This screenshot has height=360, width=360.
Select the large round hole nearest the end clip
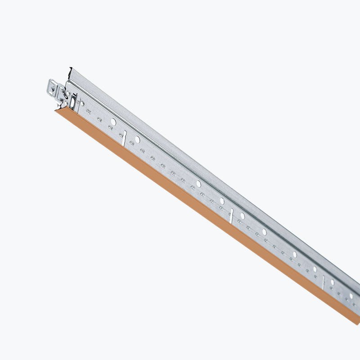tap(113, 122)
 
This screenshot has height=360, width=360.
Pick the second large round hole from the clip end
tap(137, 139)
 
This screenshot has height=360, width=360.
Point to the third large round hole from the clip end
tap(198, 184)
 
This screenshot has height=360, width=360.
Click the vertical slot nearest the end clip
tap(124, 138)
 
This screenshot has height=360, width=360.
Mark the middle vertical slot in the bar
tap(231, 216)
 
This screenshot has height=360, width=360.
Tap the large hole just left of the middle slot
tap(221, 201)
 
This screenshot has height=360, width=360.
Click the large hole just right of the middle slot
tap(243, 216)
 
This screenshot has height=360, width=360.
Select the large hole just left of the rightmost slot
tap(315, 269)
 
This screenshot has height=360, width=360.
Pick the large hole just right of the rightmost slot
tap(333, 282)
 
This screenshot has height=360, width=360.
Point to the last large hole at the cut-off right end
tap(351, 296)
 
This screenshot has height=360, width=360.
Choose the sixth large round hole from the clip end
tap(264, 232)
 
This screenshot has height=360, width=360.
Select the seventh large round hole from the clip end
tap(295, 254)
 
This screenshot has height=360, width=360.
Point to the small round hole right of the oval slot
tap(82, 103)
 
